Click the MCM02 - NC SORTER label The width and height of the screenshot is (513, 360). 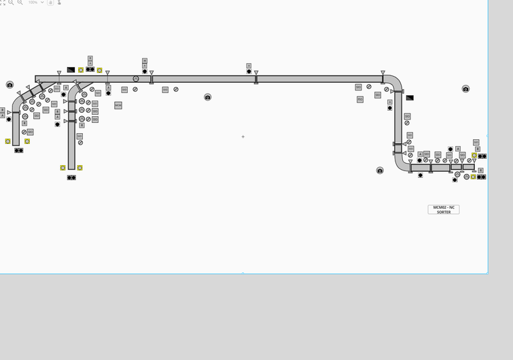444,209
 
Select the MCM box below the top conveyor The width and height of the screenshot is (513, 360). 118,105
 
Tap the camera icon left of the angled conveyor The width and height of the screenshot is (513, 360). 10,85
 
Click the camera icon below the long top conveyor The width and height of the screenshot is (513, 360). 208,97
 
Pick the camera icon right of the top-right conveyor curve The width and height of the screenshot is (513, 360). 465,89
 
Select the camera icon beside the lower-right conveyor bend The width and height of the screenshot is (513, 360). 380,170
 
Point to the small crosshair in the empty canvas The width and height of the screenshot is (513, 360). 243,137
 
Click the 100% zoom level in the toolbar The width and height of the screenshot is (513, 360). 33,3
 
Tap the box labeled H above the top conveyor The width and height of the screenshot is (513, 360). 145,60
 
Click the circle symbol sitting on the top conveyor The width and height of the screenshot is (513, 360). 136,79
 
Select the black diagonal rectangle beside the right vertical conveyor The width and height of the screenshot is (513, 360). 410,98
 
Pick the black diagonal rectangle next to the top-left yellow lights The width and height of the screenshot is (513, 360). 71,69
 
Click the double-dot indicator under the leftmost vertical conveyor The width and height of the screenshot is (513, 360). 19,150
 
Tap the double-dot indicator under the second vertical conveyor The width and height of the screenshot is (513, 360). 71,177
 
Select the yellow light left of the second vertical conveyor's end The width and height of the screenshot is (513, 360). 63,168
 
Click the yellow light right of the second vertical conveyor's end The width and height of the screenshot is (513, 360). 79,168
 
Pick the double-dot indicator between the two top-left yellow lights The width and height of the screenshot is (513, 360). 90,69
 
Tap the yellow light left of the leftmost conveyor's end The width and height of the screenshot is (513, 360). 8,141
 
